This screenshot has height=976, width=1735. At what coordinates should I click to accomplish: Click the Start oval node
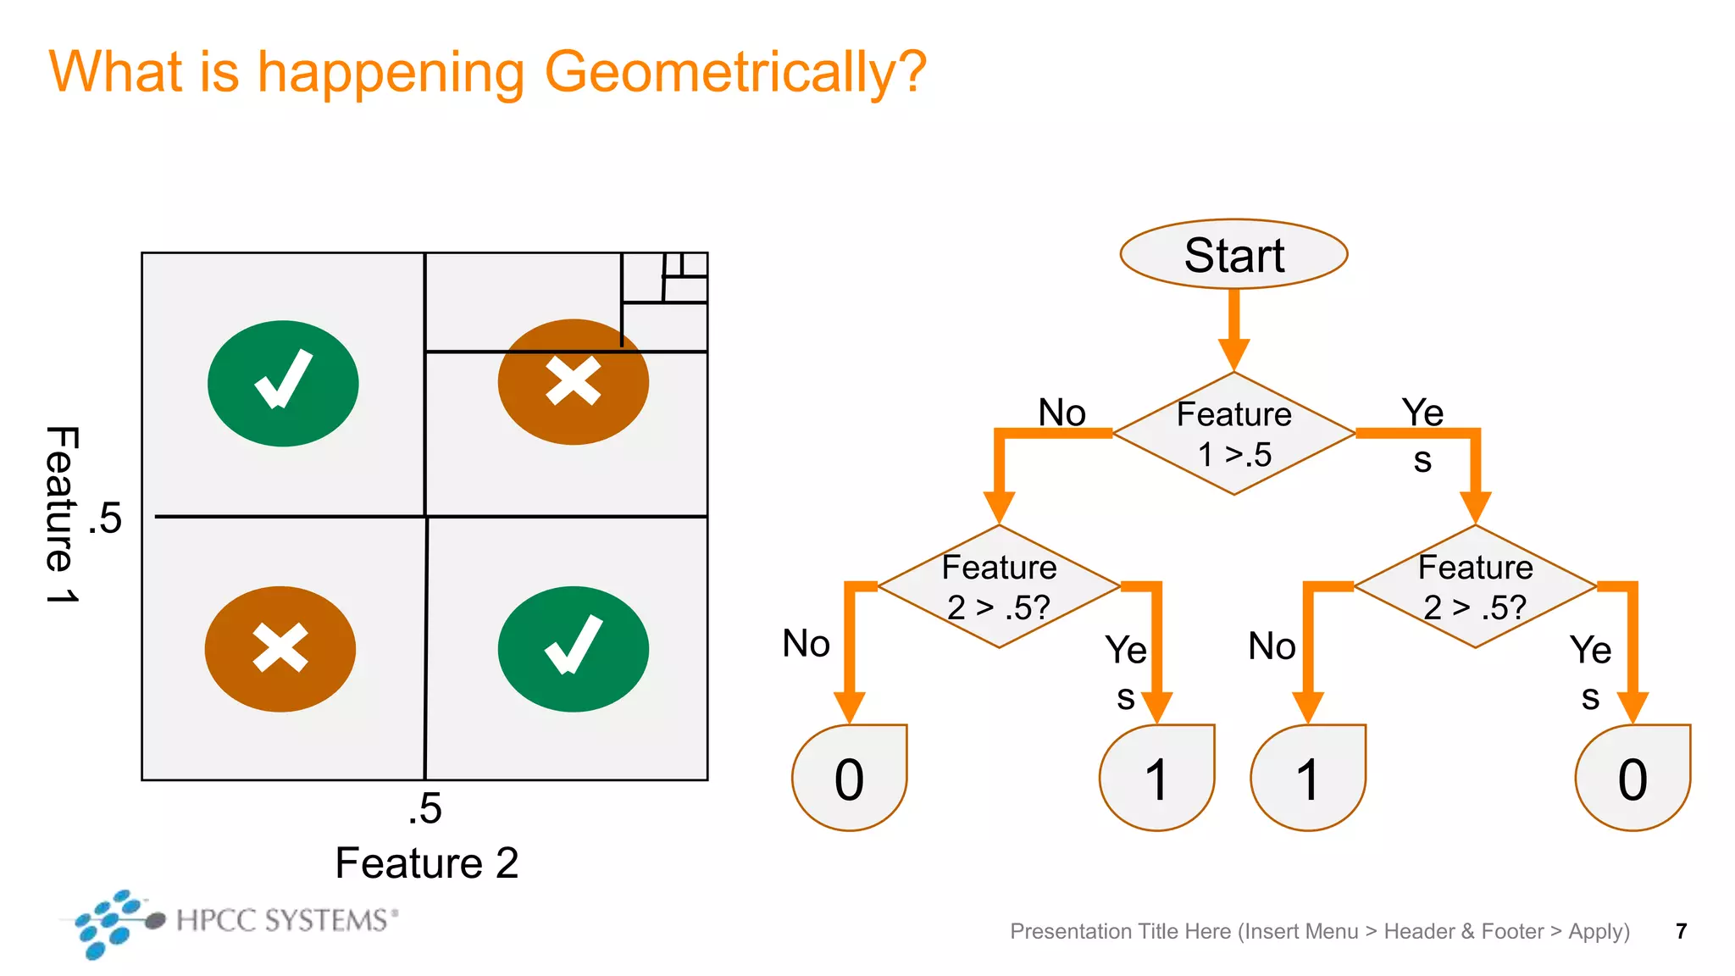[x=1233, y=254]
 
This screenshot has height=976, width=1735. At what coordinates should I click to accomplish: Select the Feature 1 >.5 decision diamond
[x=1233, y=433]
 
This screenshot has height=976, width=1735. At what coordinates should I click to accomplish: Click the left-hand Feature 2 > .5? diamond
[x=999, y=586]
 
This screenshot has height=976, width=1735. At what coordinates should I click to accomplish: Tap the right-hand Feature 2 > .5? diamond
[x=1475, y=586]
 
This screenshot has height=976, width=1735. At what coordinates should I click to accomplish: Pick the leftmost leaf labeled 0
[x=849, y=778]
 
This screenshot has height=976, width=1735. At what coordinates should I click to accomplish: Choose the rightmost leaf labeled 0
[x=1632, y=778]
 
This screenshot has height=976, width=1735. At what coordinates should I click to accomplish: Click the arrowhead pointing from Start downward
[x=1233, y=353]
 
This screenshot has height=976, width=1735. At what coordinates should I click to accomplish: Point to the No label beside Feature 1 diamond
[x=1062, y=413]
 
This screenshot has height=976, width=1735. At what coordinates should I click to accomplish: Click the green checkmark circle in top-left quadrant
[x=283, y=383]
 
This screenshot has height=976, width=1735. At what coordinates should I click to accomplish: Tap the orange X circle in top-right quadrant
[x=574, y=382]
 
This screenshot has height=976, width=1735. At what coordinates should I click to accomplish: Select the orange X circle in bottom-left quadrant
[x=280, y=649]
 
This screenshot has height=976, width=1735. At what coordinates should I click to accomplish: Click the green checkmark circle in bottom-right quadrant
[x=574, y=649]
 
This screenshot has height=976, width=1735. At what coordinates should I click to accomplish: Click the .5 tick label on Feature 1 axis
[x=106, y=518]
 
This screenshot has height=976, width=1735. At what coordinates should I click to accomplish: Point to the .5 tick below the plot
[x=424, y=808]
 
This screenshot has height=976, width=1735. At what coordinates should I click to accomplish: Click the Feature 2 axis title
[x=426, y=863]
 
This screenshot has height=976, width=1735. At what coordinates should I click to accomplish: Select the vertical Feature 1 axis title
[x=62, y=514]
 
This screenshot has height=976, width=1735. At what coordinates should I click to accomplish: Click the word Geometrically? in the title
[x=734, y=72]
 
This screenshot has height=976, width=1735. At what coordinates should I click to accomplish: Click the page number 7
[x=1681, y=931]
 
